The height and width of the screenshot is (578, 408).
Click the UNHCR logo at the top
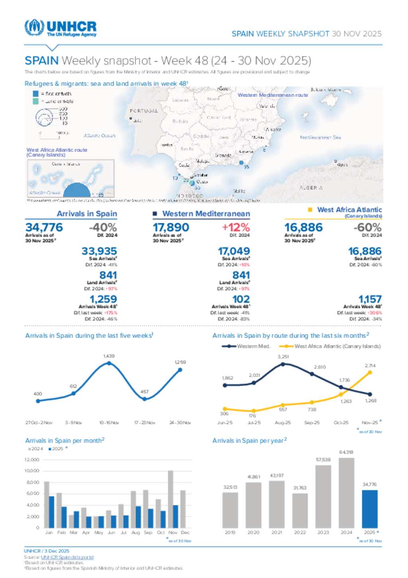61,28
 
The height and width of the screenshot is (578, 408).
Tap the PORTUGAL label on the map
144,111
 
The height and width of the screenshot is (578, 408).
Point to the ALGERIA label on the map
311,187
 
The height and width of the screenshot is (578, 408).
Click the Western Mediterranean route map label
273,95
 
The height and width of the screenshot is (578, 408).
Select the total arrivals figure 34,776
44,227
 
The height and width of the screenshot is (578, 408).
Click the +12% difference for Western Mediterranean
236,227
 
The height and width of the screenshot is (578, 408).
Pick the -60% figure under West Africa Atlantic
367,227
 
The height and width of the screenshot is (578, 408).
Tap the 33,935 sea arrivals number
99,251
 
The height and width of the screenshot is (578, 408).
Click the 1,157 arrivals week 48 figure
370,299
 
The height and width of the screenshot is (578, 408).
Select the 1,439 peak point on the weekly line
109,363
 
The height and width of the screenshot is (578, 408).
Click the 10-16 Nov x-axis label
109,422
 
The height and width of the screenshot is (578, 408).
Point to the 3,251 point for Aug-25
283,364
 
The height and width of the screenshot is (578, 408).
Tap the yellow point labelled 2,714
370,372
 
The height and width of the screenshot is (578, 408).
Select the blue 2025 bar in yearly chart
369,509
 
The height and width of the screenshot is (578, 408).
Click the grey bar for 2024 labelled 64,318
346,493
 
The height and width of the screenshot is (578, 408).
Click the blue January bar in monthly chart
51,512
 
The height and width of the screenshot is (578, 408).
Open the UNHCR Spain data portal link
67,557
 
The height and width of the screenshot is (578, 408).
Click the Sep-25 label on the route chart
312,422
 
